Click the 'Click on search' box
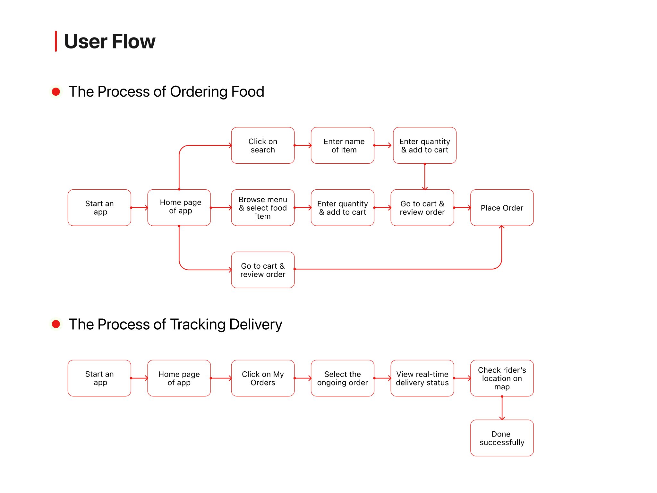point(263,145)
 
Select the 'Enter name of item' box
point(342,145)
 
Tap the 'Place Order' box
point(502,208)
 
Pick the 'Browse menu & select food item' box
point(263,208)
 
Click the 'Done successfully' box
point(502,438)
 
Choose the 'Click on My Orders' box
point(263,378)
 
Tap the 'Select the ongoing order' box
point(342,378)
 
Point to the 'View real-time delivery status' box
point(422,378)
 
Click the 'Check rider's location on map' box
point(502,378)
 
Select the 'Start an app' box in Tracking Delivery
point(99,378)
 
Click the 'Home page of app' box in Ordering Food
point(179,208)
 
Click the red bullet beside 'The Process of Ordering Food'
point(56,92)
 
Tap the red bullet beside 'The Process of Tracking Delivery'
point(56,324)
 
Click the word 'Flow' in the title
point(133,41)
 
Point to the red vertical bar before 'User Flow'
point(56,41)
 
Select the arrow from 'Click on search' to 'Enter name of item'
point(303,145)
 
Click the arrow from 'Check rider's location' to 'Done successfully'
point(502,408)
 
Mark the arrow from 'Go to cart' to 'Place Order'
point(462,208)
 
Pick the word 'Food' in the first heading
point(247,92)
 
